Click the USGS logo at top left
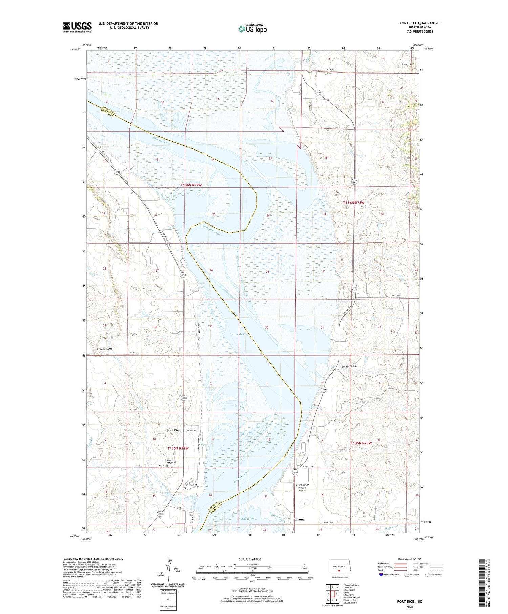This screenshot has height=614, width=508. pos(77,27)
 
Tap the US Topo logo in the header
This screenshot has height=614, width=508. pos(252,29)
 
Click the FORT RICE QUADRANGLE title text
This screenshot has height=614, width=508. pos(420,23)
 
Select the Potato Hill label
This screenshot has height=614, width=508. pos(407,64)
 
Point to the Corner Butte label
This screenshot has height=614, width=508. pos(104,349)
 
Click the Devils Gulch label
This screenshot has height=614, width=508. pos(349,366)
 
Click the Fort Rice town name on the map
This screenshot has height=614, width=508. pos(173,430)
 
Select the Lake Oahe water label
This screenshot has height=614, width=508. pos(239,334)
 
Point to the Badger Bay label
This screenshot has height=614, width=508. pos(249,518)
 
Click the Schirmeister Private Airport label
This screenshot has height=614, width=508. pos(302,487)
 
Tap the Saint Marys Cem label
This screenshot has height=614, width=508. pos(171,461)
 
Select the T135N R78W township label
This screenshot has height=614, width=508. pos(361,443)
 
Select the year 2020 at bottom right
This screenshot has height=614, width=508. pos(410,607)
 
